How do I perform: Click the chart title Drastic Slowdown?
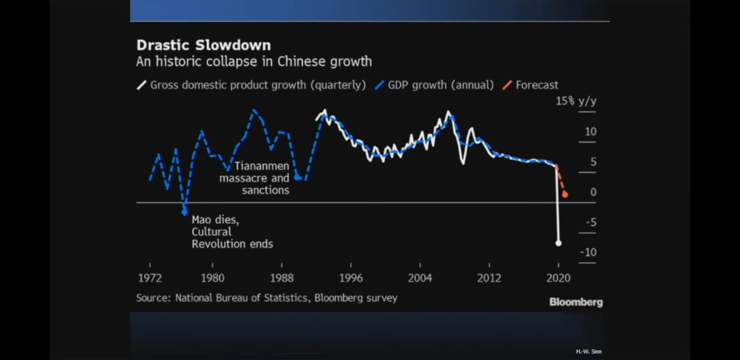pos(204,45)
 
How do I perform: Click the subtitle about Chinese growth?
pos(254,62)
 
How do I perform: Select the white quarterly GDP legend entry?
pos(252,85)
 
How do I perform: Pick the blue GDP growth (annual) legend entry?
pos(435,85)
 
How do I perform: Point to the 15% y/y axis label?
pos(576,101)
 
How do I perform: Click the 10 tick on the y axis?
pos(590,132)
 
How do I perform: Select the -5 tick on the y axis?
pos(591,222)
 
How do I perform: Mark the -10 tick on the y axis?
pos(588,252)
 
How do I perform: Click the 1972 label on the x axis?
pos(150,278)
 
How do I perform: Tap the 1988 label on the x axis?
pos(282,278)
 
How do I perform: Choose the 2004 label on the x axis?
pos(420,278)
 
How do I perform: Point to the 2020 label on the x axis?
pos(558,278)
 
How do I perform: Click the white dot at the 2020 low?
pos(558,243)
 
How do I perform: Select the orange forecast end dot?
pos(565,194)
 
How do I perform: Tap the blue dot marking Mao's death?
pos(185,212)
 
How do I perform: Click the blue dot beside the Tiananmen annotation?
pos(297,177)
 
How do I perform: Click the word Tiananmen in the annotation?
pos(262,166)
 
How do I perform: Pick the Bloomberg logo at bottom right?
pos(576,302)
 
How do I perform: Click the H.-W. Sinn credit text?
pos(589,352)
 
